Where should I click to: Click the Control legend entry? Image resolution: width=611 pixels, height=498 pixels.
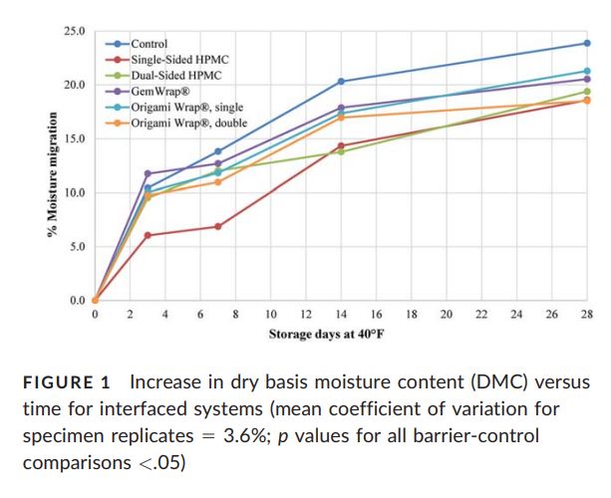coord(149,44)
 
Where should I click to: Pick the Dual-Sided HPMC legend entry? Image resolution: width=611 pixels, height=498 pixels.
coord(169,76)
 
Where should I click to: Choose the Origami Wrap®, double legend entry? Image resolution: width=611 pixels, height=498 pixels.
coord(187,123)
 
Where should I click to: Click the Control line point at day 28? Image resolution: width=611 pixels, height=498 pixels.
coord(586,43)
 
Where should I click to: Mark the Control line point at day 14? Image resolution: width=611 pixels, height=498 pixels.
coord(341,81)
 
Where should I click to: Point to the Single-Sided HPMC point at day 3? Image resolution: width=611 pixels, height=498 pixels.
coord(148,235)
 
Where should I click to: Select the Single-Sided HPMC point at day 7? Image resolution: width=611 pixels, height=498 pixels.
coord(217,226)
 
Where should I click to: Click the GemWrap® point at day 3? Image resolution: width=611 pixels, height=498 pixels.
coord(148,173)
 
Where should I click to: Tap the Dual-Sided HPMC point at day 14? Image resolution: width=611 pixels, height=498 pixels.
coord(341,151)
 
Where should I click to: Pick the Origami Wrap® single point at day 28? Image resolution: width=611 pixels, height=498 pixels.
coord(586,71)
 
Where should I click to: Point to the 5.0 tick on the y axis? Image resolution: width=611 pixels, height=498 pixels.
coord(77,246)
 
